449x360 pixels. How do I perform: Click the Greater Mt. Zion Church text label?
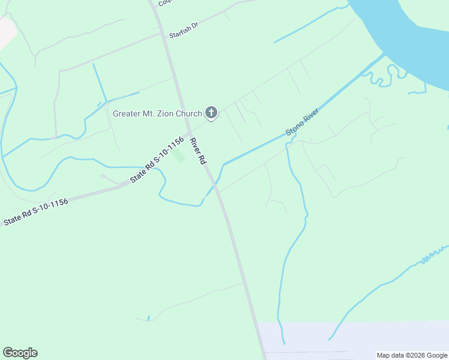click(157, 113)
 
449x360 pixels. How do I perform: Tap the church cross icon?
click(211, 112)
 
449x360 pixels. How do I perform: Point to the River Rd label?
click(197, 152)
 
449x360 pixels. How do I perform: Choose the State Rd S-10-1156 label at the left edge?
click(35, 212)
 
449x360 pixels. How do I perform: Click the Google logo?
click(20, 353)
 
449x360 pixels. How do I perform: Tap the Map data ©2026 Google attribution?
click(412, 355)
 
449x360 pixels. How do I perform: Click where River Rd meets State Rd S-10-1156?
click(188, 133)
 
